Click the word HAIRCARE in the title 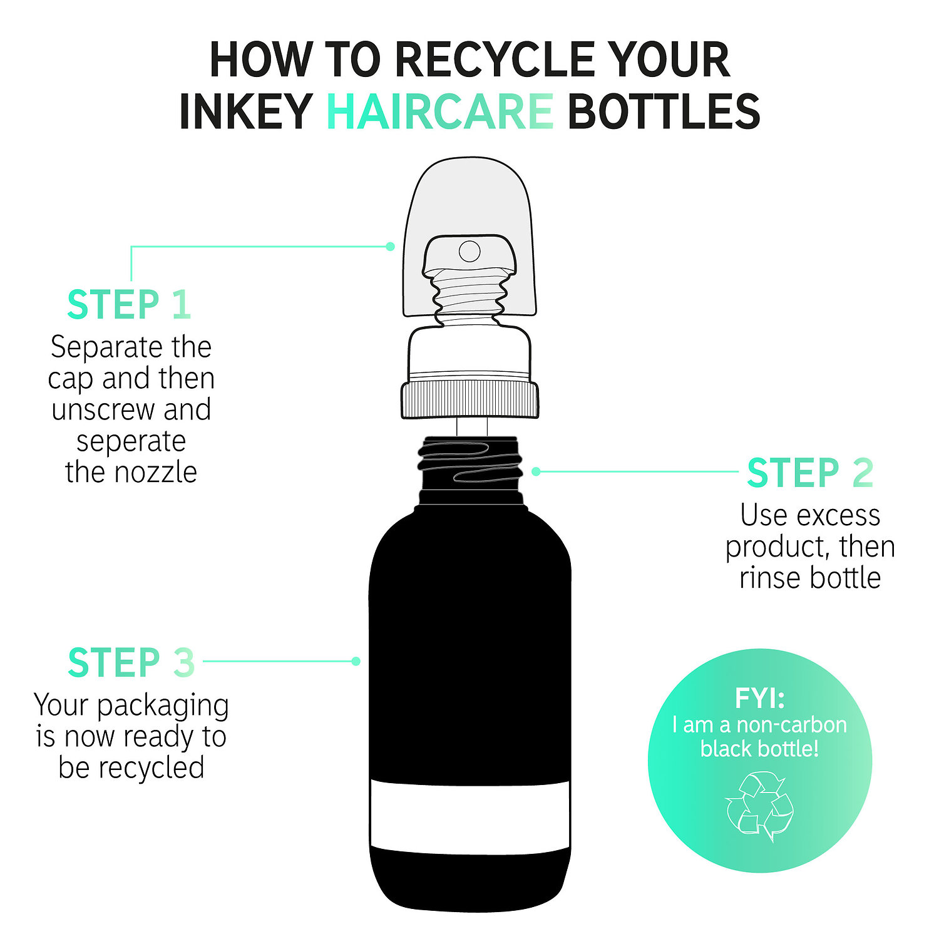point(439,111)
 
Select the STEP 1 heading point(128,305)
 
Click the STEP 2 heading point(810,473)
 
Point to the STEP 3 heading point(131,662)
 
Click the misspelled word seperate point(131,441)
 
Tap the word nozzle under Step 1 point(162,472)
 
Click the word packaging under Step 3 point(163,706)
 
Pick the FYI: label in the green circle point(759,698)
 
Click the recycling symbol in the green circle point(759,806)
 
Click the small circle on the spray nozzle point(469,251)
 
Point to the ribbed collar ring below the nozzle point(469,399)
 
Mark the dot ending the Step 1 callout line point(390,246)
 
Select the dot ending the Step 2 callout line point(536,471)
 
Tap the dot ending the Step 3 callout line point(356,661)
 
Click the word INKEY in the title point(245,111)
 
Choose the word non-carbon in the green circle point(791,725)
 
